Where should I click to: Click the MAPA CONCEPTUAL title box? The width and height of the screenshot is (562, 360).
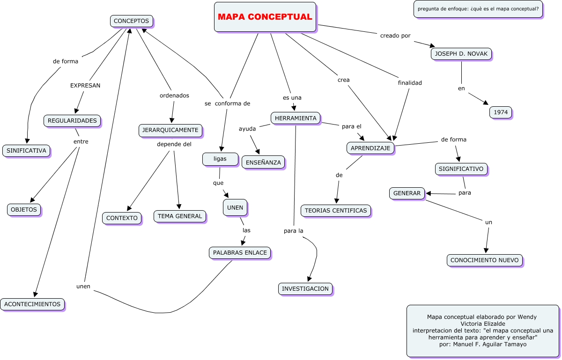pyautogui.click(x=265, y=17)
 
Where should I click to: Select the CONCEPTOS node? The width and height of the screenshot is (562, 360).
pyautogui.click(x=132, y=21)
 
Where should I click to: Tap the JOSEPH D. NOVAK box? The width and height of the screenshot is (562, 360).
pyautogui.click(x=461, y=54)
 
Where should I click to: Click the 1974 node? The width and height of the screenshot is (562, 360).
pyautogui.click(x=501, y=112)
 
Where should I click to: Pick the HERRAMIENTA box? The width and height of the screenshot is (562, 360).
pyautogui.click(x=296, y=118)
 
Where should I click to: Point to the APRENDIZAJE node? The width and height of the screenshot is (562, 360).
pyautogui.click(x=371, y=148)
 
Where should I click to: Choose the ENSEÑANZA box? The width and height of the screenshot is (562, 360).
pyautogui.click(x=263, y=162)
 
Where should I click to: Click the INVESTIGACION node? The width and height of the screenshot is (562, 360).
pyautogui.click(x=305, y=288)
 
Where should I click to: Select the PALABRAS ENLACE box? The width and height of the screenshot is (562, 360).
pyautogui.click(x=240, y=253)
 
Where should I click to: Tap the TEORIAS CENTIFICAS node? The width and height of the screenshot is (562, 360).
pyautogui.click(x=336, y=211)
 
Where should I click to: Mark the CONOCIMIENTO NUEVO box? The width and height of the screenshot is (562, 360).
pyautogui.click(x=485, y=260)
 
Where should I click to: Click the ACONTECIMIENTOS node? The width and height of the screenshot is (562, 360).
pyautogui.click(x=32, y=304)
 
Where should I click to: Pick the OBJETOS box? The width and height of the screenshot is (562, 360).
pyautogui.click(x=24, y=209)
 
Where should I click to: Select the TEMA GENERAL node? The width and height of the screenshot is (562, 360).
pyautogui.click(x=180, y=216)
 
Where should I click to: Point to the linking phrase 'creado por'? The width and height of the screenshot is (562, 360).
pyautogui.click(x=395, y=36)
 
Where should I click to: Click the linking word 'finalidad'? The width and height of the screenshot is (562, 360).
pyautogui.click(x=410, y=83)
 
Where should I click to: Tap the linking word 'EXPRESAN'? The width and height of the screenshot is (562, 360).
pyautogui.click(x=85, y=86)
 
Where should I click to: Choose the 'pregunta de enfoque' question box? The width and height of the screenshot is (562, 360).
pyautogui.click(x=478, y=8)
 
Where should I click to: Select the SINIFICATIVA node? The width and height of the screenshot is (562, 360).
pyautogui.click(x=26, y=151)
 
